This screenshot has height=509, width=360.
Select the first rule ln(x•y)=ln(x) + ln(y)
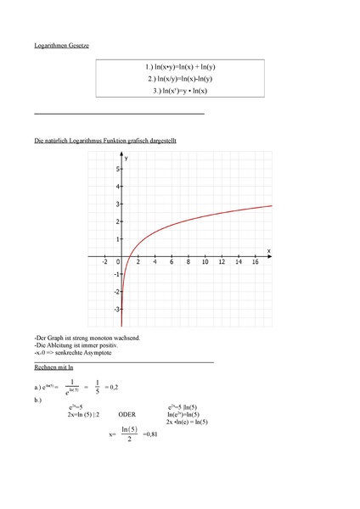tap(181, 66)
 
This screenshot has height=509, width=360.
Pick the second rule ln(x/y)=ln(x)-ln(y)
tap(181, 78)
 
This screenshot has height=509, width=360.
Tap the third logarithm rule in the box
tap(180, 91)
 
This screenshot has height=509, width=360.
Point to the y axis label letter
tap(126, 159)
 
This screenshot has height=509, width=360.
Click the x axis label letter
tap(268, 250)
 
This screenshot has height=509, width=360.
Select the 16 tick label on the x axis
tap(255, 263)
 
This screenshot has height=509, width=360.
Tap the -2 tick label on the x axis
tap(104, 263)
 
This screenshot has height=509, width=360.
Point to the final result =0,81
tap(149, 434)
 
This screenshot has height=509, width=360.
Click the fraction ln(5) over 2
tap(128, 434)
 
